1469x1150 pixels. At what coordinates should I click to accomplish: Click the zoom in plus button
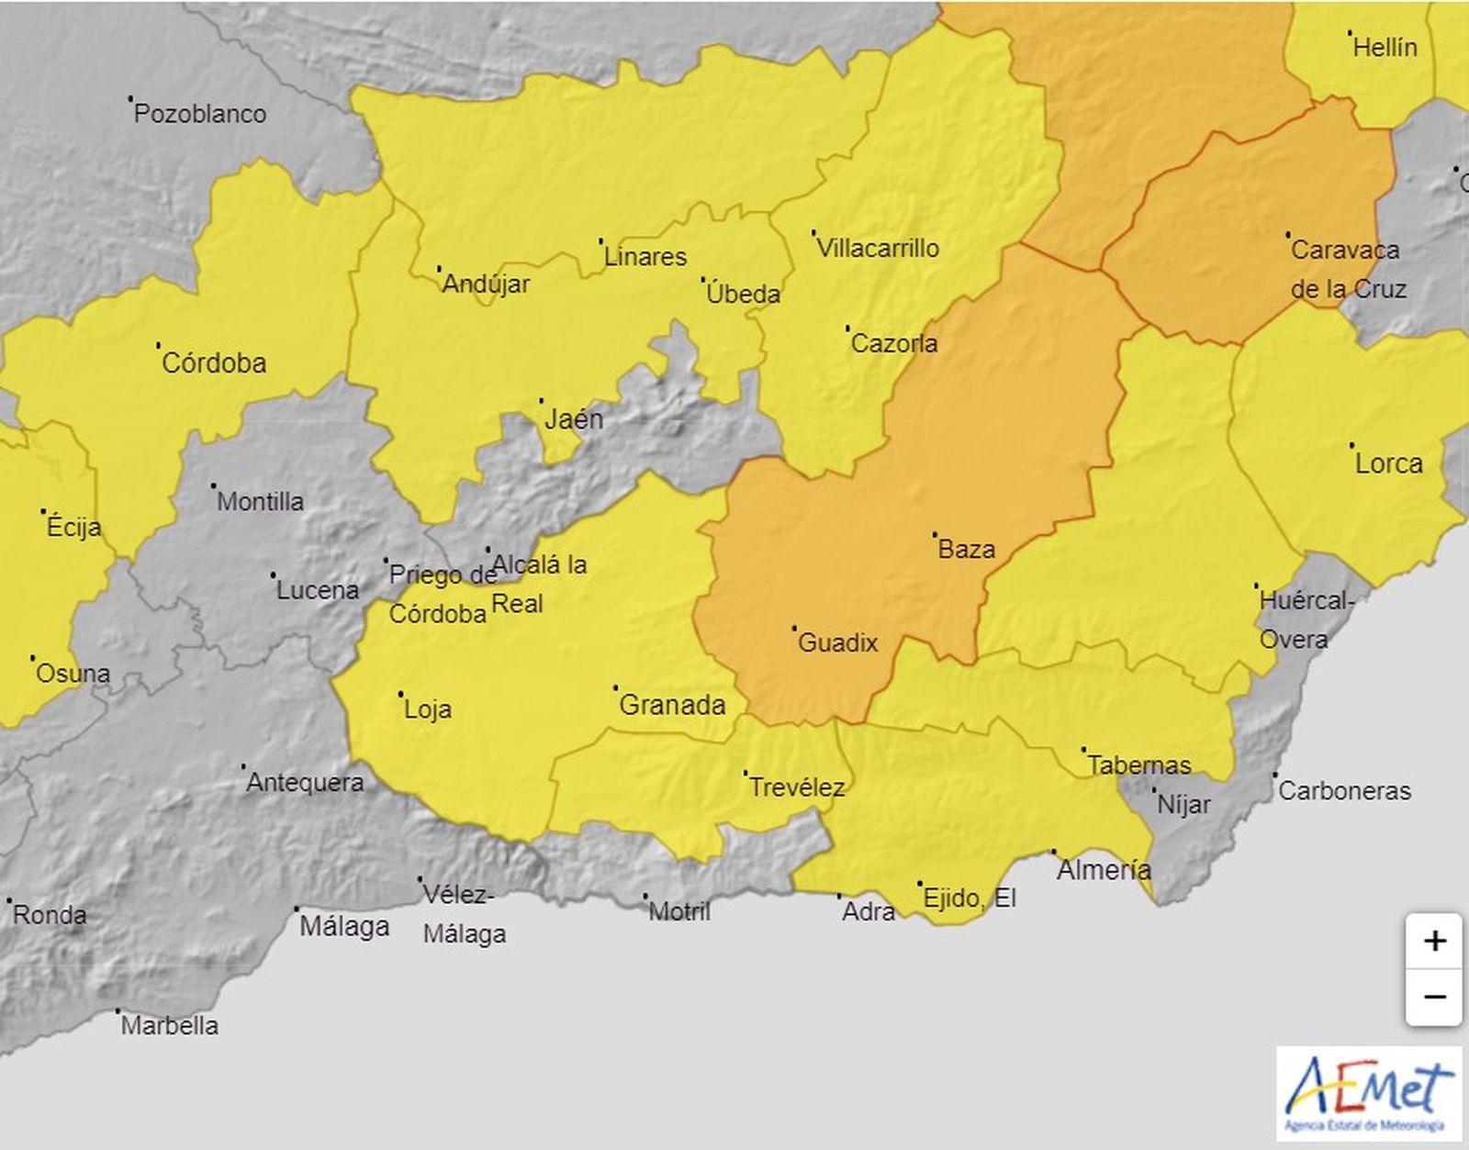tap(1434, 942)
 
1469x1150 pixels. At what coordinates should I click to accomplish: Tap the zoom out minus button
tap(1434, 997)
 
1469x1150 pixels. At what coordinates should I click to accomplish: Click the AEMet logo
tap(1368, 1093)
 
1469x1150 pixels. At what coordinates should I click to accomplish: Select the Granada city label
tap(672, 705)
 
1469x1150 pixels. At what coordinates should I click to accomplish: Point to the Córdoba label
tap(214, 363)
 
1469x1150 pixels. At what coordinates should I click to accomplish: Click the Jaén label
tap(574, 419)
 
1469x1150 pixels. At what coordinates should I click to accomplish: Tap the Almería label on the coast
tap(1104, 869)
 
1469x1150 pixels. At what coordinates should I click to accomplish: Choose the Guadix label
tap(837, 642)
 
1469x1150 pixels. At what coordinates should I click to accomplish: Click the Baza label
tap(966, 549)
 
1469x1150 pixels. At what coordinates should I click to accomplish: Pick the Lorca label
tap(1388, 463)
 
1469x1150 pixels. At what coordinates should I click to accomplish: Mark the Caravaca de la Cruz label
tap(1347, 269)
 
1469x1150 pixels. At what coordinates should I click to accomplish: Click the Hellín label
tap(1385, 48)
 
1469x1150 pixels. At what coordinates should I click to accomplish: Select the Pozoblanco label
tap(200, 114)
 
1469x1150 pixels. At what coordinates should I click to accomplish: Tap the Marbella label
tap(170, 1025)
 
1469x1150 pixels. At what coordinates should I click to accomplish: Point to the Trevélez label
tap(796, 787)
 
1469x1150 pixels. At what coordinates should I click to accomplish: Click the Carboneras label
tap(1344, 791)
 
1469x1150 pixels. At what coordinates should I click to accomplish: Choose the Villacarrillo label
tap(878, 248)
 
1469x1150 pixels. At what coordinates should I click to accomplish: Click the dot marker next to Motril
tap(645, 896)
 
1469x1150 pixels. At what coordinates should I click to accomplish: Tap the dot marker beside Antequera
tap(243, 766)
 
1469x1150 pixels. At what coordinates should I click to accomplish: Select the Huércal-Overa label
tap(1304, 620)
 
